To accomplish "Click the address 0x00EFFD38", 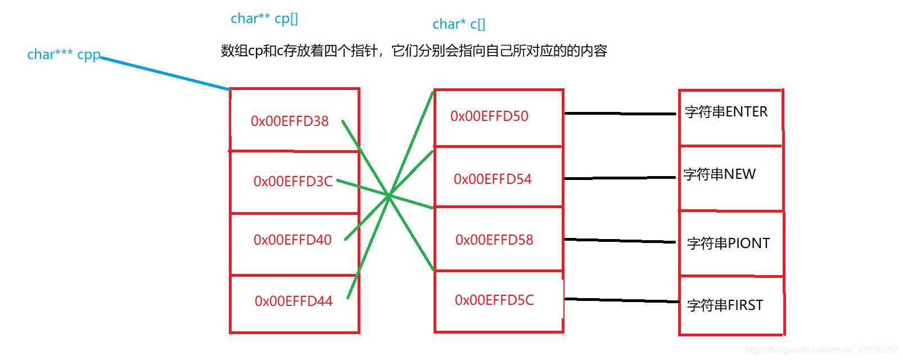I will (x=290, y=121).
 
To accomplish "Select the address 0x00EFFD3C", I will (x=293, y=181).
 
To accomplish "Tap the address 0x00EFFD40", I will (x=292, y=240).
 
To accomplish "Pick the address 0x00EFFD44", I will (x=294, y=301).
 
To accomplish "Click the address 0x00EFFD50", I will (x=489, y=116).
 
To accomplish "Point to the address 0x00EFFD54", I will (x=493, y=179).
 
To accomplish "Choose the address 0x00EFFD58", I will (x=494, y=240).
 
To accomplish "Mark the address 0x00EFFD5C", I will (x=494, y=300).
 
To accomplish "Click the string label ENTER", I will (x=726, y=112).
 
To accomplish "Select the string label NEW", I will (x=719, y=174).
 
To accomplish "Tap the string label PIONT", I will (x=728, y=244).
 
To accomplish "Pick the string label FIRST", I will (x=725, y=305).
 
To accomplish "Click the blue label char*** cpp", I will (x=64, y=55).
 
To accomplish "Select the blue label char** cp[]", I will (x=264, y=19).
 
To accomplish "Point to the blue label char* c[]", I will (x=458, y=24).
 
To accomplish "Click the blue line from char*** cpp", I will (x=166, y=73).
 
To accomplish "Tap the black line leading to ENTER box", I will (x=620, y=114).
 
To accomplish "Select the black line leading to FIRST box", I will (x=621, y=300).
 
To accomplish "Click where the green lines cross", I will (x=389, y=196).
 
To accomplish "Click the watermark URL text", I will (x=821, y=350).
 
